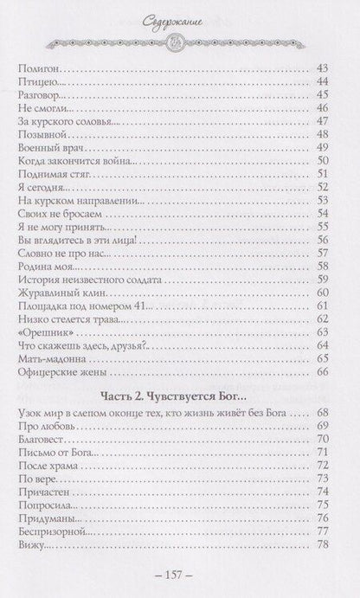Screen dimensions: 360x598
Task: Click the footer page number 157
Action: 180,575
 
